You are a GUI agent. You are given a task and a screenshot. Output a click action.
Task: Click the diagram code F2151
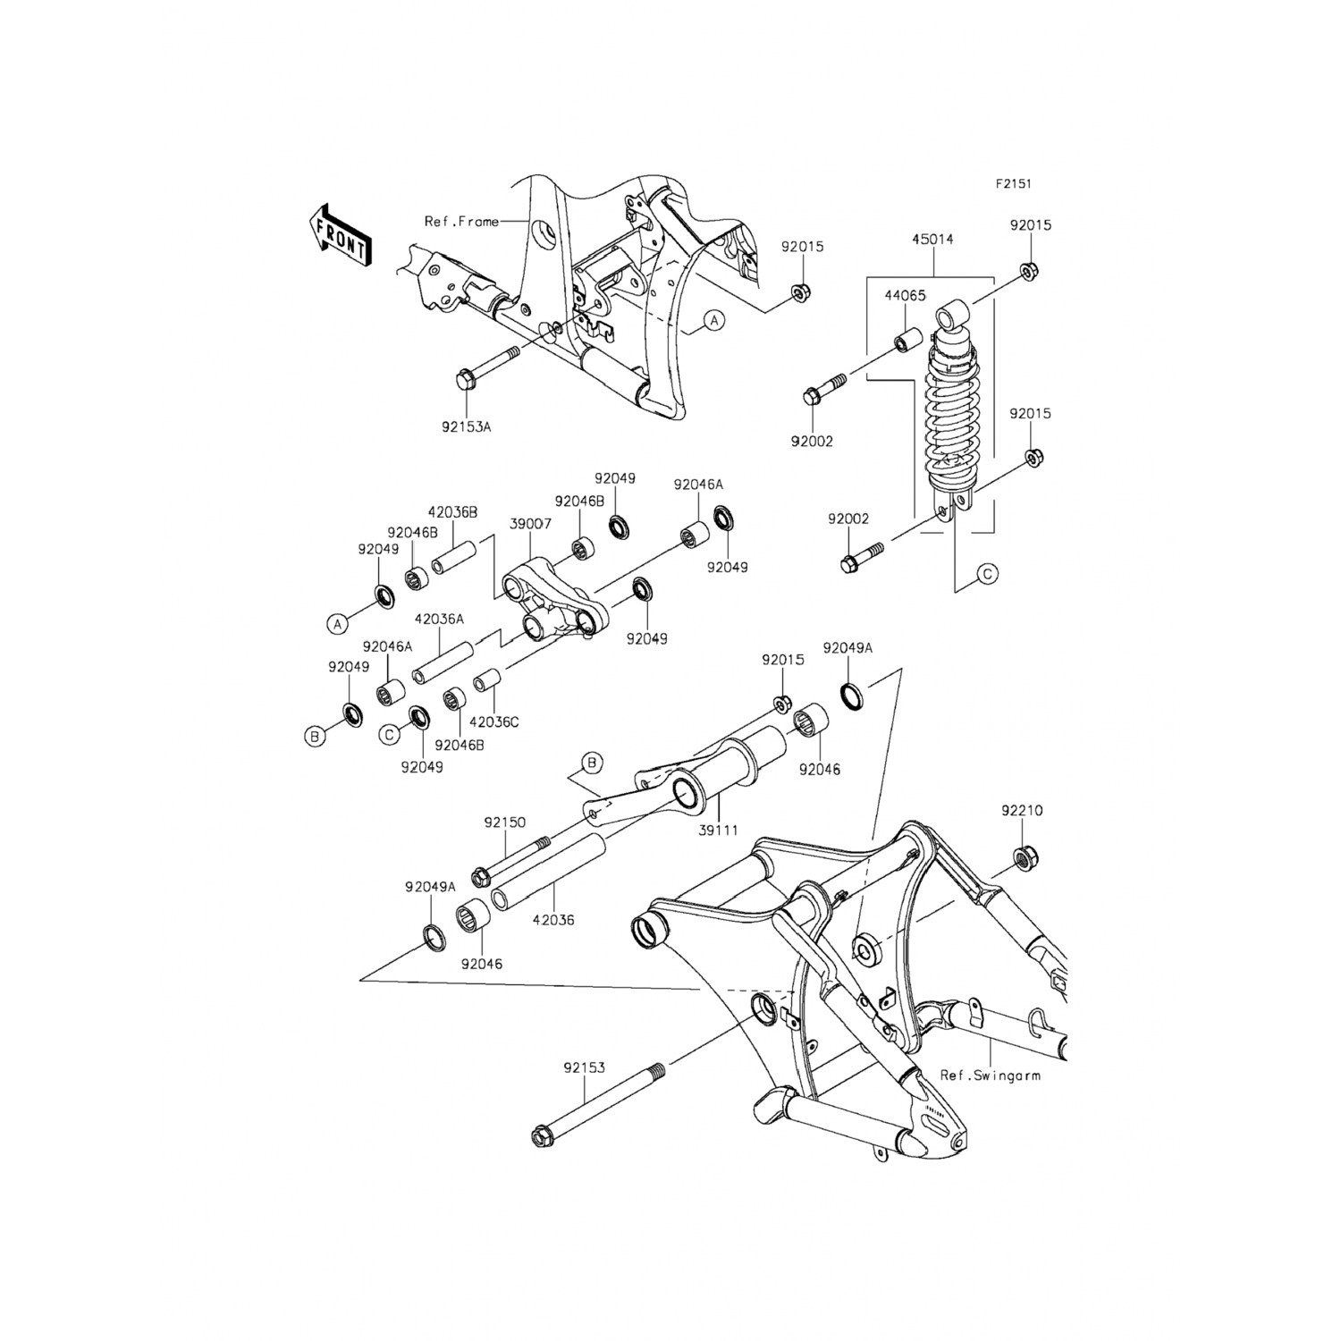[x=1014, y=184]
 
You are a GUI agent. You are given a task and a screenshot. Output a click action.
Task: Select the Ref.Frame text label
[x=461, y=221]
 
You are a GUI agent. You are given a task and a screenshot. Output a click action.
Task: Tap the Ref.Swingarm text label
[x=990, y=1075]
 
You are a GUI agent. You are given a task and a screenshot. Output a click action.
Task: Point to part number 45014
[x=932, y=240]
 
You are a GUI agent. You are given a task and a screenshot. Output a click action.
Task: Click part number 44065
[x=906, y=295]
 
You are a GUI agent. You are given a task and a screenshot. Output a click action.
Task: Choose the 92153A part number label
[x=467, y=427]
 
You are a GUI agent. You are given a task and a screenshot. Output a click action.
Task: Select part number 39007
[x=530, y=523]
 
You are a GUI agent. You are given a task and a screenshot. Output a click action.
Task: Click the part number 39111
[x=719, y=831]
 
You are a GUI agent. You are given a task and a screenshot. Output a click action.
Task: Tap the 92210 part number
[x=1022, y=811]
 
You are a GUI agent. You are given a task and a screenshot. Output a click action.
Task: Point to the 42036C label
[x=494, y=722]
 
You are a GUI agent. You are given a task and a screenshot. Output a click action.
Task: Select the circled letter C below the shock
[x=987, y=574]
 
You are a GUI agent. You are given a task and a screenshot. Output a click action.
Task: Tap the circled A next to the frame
[x=714, y=319]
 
